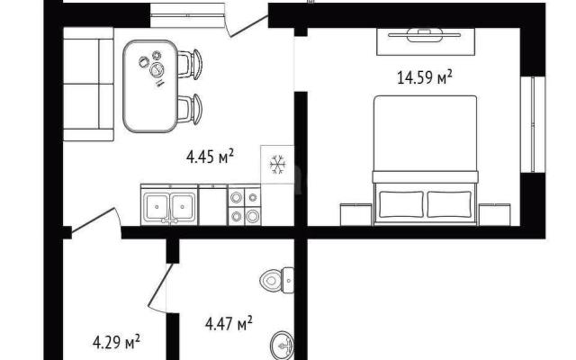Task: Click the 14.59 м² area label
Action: tap(425, 78)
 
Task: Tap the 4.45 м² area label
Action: tap(210, 157)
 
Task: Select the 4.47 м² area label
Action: tap(229, 324)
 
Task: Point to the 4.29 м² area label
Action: tap(116, 342)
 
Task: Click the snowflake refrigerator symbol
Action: tap(278, 164)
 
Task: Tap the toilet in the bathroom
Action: tap(277, 280)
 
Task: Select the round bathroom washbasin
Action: tap(282, 346)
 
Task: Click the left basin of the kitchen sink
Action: tap(157, 207)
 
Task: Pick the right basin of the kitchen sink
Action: tap(183, 207)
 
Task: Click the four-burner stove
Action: tap(244, 206)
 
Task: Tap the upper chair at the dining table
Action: tap(190, 64)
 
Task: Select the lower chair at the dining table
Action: tap(190, 109)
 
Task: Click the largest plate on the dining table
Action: tap(157, 69)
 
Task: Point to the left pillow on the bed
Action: tap(401, 204)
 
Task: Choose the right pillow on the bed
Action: tap(449, 204)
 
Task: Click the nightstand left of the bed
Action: tap(356, 214)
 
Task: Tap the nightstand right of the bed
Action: tap(494, 214)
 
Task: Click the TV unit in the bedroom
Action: tap(426, 41)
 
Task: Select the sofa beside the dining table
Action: tap(88, 84)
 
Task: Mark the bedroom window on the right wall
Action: tap(533, 124)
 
